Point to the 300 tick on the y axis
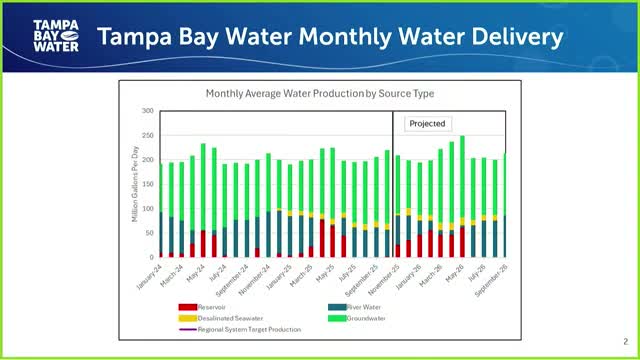pos(147,111)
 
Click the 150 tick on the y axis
pos(147,184)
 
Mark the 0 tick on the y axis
pos(150,257)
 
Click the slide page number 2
pos(625,340)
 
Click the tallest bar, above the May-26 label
pos(462,190)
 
